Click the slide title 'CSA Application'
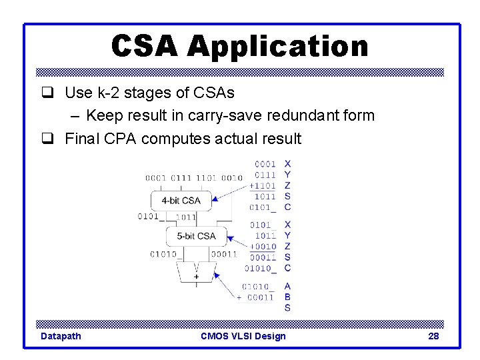(x=239, y=46)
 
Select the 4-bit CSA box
(x=181, y=199)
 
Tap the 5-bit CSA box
(x=196, y=236)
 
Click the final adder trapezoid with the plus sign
(x=196, y=273)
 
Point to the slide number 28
(x=433, y=336)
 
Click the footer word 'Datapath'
(x=61, y=336)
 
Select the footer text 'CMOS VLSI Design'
(x=243, y=336)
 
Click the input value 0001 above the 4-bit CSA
(x=156, y=178)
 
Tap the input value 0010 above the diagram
(x=232, y=178)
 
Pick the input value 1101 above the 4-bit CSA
(x=207, y=178)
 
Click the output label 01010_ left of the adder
(x=164, y=254)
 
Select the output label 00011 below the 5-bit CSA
(x=224, y=254)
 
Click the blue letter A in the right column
(x=287, y=287)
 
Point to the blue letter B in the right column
(x=287, y=297)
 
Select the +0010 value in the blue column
(x=263, y=247)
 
